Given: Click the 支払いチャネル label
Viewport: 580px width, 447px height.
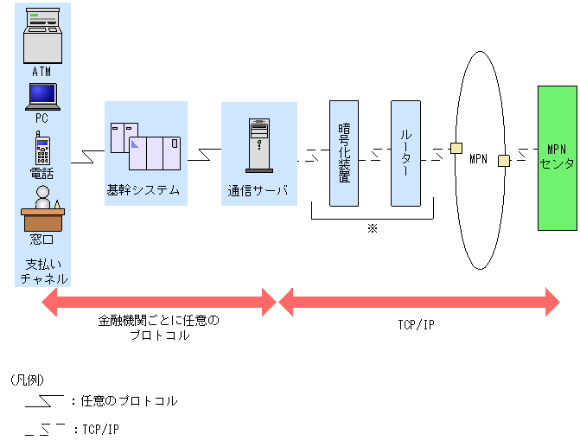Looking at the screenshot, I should tap(42, 270).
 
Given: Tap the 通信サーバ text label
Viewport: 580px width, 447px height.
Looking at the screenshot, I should tap(258, 191).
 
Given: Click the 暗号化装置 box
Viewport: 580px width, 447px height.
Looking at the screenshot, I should tap(344, 153).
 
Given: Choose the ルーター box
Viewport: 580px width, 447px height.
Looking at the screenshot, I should tap(405, 153).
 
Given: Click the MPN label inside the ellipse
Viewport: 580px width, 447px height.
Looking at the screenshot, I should tap(478, 160).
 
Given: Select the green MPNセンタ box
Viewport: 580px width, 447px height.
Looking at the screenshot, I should tap(556, 156).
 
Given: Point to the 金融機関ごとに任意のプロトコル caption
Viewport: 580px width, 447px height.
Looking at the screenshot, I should tap(158, 327).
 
